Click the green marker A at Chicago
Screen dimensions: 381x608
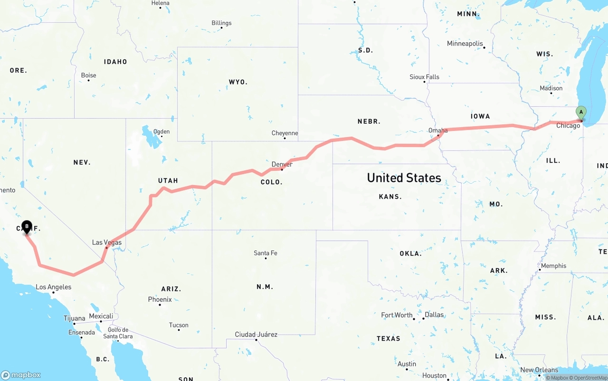coord(580,112)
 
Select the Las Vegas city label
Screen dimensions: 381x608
coord(107,242)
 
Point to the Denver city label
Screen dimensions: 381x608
coord(282,164)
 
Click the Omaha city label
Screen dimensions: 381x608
coord(438,130)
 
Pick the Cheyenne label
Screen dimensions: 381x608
coord(285,133)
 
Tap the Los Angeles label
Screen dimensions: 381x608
coord(54,287)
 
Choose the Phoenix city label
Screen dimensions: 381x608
coord(160,299)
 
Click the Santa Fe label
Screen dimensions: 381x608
coord(265,253)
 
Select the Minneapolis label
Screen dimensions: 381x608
coord(465,44)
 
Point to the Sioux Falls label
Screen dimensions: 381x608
coord(424,77)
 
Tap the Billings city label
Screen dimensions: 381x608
coord(221,23)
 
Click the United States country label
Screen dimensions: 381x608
coord(404,178)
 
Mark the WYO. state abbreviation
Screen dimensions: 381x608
coord(238,82)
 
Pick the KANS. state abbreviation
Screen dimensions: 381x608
coord(390,196)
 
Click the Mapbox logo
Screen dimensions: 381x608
coord(21,375)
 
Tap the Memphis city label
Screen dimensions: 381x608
coord(553,266)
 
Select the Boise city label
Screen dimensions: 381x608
coord(88,75)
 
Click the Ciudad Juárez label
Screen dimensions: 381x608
coord(256,335)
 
